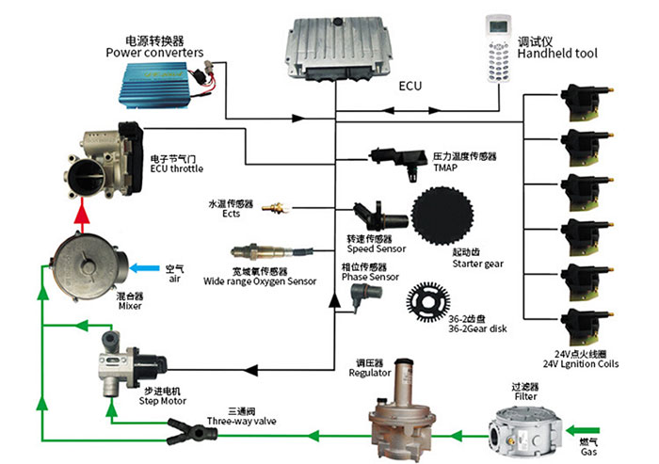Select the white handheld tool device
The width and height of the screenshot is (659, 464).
[495, 46]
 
